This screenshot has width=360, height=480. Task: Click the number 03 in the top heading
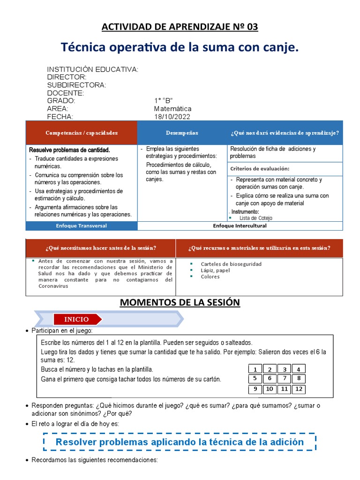(252, 27)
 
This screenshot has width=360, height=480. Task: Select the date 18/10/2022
(172, 117)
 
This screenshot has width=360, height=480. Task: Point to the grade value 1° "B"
(164, 101)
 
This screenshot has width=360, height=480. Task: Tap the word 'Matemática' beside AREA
(172, 109)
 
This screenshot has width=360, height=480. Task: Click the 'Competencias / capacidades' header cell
(82, 133)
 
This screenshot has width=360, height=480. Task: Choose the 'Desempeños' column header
(182, 133)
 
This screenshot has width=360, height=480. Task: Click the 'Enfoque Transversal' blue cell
(82, 226)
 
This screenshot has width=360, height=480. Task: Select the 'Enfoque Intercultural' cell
(240, 226)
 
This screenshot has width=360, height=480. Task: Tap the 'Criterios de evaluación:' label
(259, 169)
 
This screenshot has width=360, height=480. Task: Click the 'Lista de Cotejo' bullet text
(255, 218)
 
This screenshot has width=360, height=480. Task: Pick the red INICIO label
(76, 319)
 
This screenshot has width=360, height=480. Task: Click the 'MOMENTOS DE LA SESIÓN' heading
(180, 303)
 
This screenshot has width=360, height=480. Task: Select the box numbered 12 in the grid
(299, 389)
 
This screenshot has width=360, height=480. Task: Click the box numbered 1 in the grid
(255, 369)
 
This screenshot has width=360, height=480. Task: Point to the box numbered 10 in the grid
(270, 389)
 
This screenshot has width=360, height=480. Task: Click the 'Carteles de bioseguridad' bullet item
(231, 264)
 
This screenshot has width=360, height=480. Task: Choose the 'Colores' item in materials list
(210, 277)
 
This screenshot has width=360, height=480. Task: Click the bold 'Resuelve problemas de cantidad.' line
(69, 150)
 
